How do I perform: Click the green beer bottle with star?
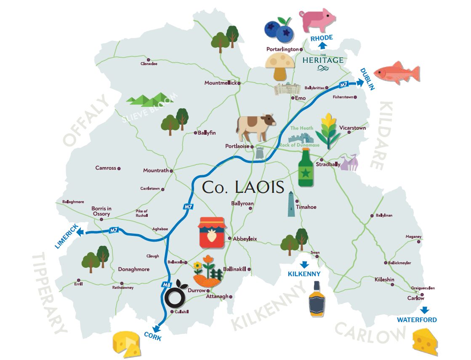click(307, 168)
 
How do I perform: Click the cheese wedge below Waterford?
click(425, 341)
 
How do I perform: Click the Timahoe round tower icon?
click(291, 204)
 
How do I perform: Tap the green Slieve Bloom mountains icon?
click(144, 100)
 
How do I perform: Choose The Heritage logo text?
click(323, 61)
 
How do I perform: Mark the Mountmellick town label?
click(221, 83)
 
